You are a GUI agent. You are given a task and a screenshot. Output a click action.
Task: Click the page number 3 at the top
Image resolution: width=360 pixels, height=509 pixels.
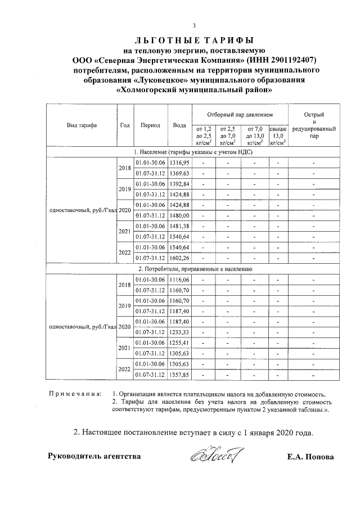click(x=194, y=26)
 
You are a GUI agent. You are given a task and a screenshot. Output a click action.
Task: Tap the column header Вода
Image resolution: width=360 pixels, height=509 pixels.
click(x=180, y=125)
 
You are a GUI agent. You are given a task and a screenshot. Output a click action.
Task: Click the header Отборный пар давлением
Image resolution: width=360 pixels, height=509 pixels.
click(x=239, y=114)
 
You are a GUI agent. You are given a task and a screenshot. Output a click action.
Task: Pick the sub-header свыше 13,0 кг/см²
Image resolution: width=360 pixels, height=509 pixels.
click(x=278, y=136)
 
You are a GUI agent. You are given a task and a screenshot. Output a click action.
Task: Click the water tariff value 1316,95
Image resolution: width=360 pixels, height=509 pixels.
click(x=180, y=162)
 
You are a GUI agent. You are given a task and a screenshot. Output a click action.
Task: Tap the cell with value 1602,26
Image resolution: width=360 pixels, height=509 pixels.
click(x=180, y=258)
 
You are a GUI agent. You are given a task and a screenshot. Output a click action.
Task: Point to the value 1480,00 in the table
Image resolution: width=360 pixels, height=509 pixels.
click(x=180, y=215)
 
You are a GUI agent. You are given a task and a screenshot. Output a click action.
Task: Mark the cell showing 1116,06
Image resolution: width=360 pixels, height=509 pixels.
click(x=180, y=280)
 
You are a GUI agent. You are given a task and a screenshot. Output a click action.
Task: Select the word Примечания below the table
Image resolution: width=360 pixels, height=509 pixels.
click(x=75, y=395)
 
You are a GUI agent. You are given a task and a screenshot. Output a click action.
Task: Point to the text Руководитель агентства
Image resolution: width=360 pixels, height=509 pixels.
click(x=94, y=456)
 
